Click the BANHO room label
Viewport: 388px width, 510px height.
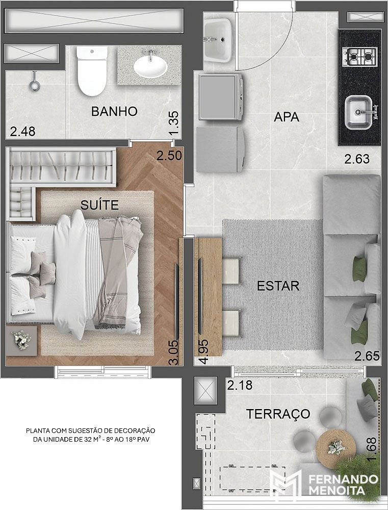[114, 112]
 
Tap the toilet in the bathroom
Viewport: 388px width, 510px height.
[92, 71]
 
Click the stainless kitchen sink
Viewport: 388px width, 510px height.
[358, 113]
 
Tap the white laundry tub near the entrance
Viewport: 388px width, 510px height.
[218, 40]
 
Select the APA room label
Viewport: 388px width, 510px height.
[287, 117]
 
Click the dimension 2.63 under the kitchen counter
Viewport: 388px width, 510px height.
[357, 159]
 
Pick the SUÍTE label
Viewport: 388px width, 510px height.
[99, 205]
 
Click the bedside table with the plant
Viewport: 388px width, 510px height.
[21, 341]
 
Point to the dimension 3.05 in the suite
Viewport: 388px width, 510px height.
[174, 352]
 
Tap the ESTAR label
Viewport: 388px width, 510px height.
[278, 286]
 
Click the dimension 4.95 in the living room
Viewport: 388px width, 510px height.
[204, 351]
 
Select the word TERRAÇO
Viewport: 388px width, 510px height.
[278, 414]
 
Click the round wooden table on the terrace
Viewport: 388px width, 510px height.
[336, 448]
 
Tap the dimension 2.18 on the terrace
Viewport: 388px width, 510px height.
[240, 386]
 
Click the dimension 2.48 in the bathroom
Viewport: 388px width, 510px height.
[22, 132]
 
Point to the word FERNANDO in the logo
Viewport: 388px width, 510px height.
[343, 479]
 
